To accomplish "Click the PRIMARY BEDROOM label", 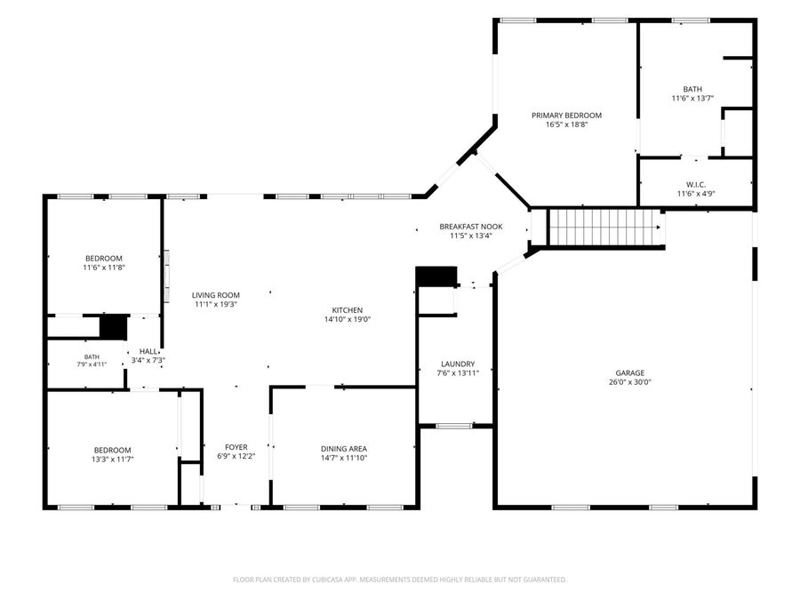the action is pos(566,116).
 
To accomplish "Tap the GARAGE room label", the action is pos(629,373).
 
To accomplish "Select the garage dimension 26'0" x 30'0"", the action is pos(629,382).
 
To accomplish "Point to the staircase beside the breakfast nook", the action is pos(605,228).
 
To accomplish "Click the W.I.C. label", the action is pos(696,185).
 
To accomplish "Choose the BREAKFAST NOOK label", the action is pos(471,227).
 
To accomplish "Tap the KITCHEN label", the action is pos(348,310).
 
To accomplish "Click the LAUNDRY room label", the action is pos(458,364).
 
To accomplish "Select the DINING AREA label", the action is pos(344,449).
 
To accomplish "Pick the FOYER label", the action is pos(236,447).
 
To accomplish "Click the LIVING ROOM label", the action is pos(216,295).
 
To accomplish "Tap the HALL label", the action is pos(148,351).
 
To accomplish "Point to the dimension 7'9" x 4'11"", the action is pos(92,364).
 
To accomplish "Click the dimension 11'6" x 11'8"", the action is pos(104,268).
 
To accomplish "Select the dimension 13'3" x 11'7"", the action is pos(112,460).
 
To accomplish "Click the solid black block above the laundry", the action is pos(436,276).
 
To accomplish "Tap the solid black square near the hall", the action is pos(113,327).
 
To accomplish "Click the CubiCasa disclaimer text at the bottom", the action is pos(399,580).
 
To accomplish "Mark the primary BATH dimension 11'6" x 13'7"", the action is pos(692,99).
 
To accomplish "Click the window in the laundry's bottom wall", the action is pos(454,426).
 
